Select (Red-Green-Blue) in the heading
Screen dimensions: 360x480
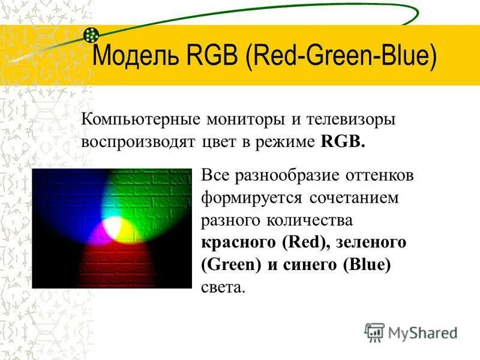pos(341,57)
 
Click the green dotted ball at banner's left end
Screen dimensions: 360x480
pos(91,35)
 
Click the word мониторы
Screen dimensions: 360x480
pos(241,119)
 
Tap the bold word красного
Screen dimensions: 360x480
pos(236,242)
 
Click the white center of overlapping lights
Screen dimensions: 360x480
pos(112,227)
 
